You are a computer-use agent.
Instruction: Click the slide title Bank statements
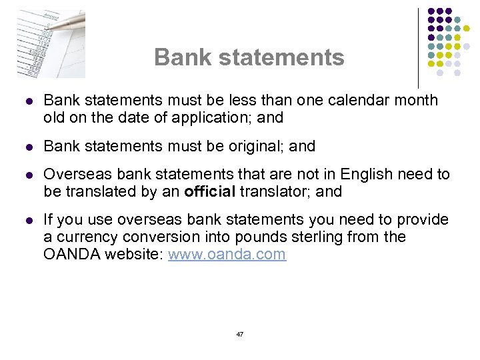tap(249, 57)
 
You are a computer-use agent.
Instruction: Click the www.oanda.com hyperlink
tap(227, 255)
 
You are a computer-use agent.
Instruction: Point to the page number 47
tap(240, 334)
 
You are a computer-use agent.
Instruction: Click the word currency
tap(85, 237)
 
